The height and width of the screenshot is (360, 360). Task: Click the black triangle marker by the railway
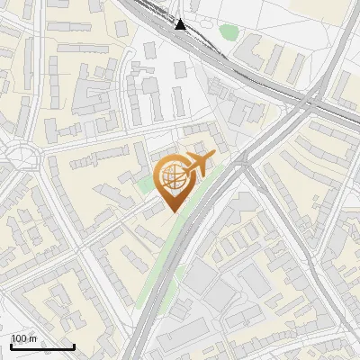coord(181,24)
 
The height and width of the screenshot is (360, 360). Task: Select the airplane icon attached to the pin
coord(198,164)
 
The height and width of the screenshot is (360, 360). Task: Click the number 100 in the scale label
coord(20,339)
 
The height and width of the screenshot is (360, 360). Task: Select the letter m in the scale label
coord(33,339)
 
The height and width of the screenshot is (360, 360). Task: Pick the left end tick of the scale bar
coord(11,346)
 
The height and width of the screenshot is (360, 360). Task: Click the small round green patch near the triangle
coord(229,32)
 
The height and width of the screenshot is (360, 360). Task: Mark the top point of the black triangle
coord(181,19)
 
